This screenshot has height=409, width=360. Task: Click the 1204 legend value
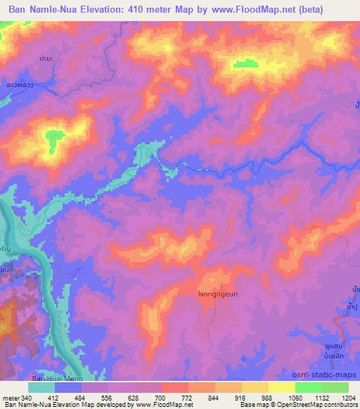pos(349,397)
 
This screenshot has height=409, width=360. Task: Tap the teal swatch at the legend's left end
pos(41,387)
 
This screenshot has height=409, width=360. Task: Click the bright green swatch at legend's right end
pos(335,387)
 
